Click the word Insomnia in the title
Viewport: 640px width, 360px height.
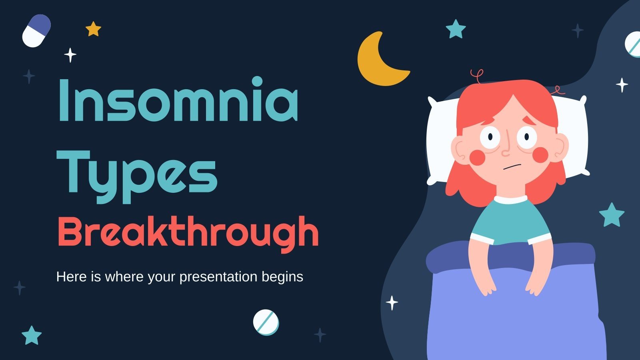(178, 100)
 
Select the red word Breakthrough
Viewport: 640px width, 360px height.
(188, 232)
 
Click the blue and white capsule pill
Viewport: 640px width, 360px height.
(36, 31)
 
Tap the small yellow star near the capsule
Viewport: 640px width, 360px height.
(93, 29)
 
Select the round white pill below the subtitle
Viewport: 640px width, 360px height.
(266, 322)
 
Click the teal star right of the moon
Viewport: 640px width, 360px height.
(456, 29)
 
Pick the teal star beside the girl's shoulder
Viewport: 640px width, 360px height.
(612, 215)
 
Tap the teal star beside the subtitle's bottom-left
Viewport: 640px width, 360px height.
(32, 335)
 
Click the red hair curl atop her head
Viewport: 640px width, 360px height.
(477, 76)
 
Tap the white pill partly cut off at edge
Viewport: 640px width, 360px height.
(633, 44)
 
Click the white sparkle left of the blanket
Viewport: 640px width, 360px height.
(392, 303)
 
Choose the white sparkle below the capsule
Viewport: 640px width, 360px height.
(70, 55)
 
